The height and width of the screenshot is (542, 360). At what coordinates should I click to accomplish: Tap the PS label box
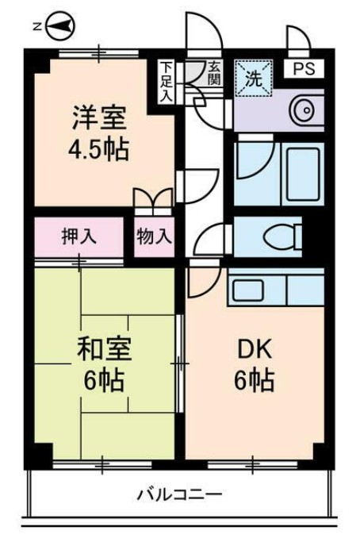(304, 68)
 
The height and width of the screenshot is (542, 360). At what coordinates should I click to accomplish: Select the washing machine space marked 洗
(253, 78)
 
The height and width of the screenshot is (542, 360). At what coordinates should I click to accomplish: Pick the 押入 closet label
(79, 236)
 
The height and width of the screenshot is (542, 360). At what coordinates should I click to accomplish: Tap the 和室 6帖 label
(101, 364)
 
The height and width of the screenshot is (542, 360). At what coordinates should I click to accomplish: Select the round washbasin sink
(302, 112)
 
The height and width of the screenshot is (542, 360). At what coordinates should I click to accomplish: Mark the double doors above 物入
(152, 198)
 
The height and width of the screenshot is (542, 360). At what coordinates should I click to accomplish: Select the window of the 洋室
(87, 53)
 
